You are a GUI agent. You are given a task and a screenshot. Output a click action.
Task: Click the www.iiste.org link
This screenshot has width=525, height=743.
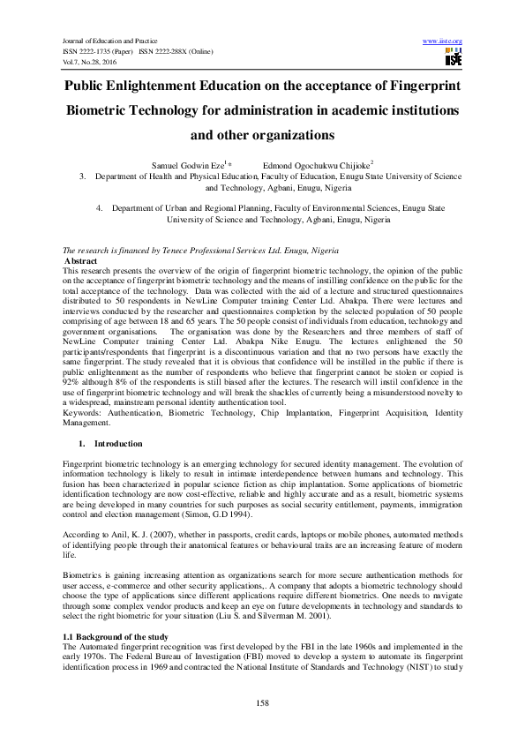tap(443, 41)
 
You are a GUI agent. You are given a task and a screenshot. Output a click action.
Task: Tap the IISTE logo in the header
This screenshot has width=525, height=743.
tap(453, 58)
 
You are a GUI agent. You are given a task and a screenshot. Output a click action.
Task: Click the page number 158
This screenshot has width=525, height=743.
tap(262, 702)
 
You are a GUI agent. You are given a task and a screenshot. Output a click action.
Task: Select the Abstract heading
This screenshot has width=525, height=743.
tap(81, 262)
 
